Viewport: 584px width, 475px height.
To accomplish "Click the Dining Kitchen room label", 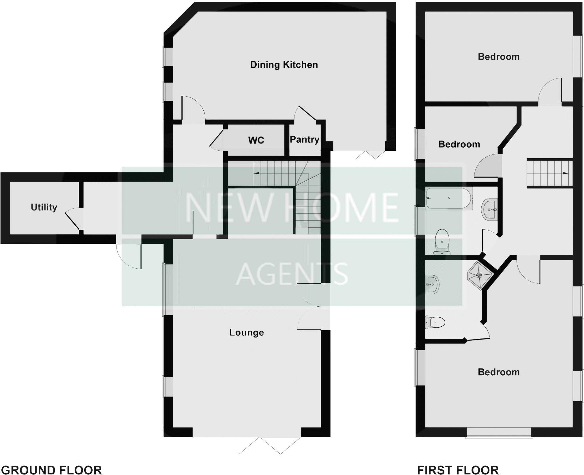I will [x=284, y=65].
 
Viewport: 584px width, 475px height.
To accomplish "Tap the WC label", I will [x=256, y=140].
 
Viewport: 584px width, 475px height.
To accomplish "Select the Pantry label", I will [x=305, y=140].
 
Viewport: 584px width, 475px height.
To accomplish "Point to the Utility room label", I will [x=44, y=207].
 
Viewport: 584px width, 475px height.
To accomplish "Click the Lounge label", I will [x=247, y=332].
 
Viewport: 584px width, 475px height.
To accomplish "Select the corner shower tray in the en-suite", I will [x=480, y=275].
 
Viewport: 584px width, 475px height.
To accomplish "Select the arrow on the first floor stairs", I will [x=566, y=173].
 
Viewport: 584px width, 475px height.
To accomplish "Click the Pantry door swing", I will [x=305, y=113].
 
